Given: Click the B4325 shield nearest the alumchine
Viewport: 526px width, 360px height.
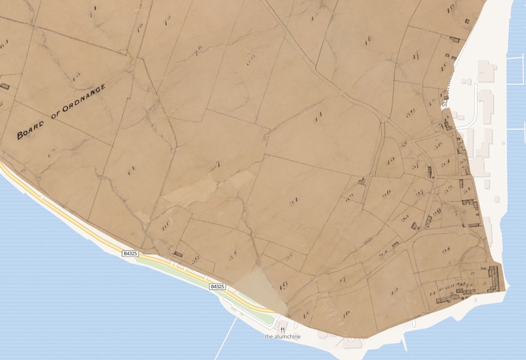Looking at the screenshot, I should click(218, 287).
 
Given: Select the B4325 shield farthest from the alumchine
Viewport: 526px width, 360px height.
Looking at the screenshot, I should click(130, 253).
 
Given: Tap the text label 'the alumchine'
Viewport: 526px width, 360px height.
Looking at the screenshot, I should click(283, 336).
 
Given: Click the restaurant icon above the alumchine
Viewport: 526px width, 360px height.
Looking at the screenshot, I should click(283, 327).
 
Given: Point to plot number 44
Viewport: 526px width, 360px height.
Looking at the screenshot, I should click(318, 118).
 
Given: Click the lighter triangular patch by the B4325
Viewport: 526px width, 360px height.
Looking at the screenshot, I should click(260, 289).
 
